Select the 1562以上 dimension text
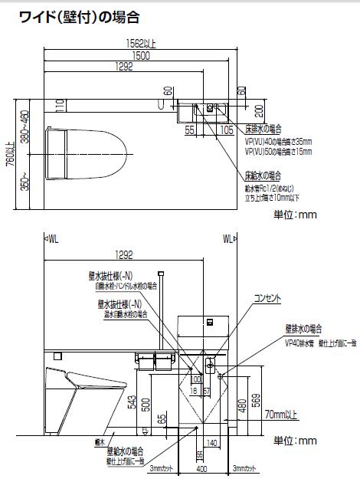(142, 44)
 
